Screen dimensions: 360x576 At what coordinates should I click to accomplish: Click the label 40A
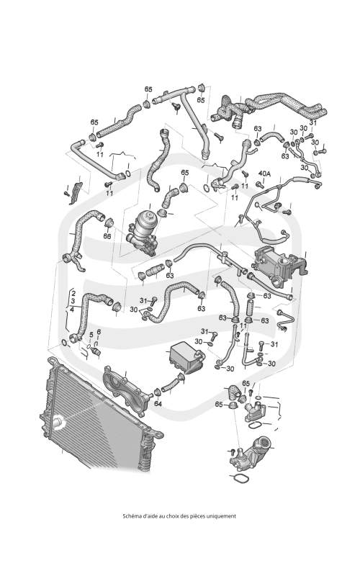(x=264, y=174)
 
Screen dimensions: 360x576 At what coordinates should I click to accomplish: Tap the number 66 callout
(x=107, y=236)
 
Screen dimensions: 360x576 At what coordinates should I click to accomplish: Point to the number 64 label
(x=158, y=403)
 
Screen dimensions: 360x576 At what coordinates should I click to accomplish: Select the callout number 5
(x=91, y=334)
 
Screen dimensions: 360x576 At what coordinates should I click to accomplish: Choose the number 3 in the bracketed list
(x=73, y=301)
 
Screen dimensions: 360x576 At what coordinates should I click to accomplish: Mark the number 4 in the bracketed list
(x=72, y=309)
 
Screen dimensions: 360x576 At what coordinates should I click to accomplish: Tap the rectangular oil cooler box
(x=186, y=356)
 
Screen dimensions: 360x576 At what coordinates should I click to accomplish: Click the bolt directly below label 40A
(x=261, y=184)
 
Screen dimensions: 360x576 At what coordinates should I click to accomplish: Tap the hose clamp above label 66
(x=109, y=223)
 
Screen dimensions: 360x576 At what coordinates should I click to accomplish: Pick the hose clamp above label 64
(x=157, y=392)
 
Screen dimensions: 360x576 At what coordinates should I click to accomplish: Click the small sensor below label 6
(x=96, y=352)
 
